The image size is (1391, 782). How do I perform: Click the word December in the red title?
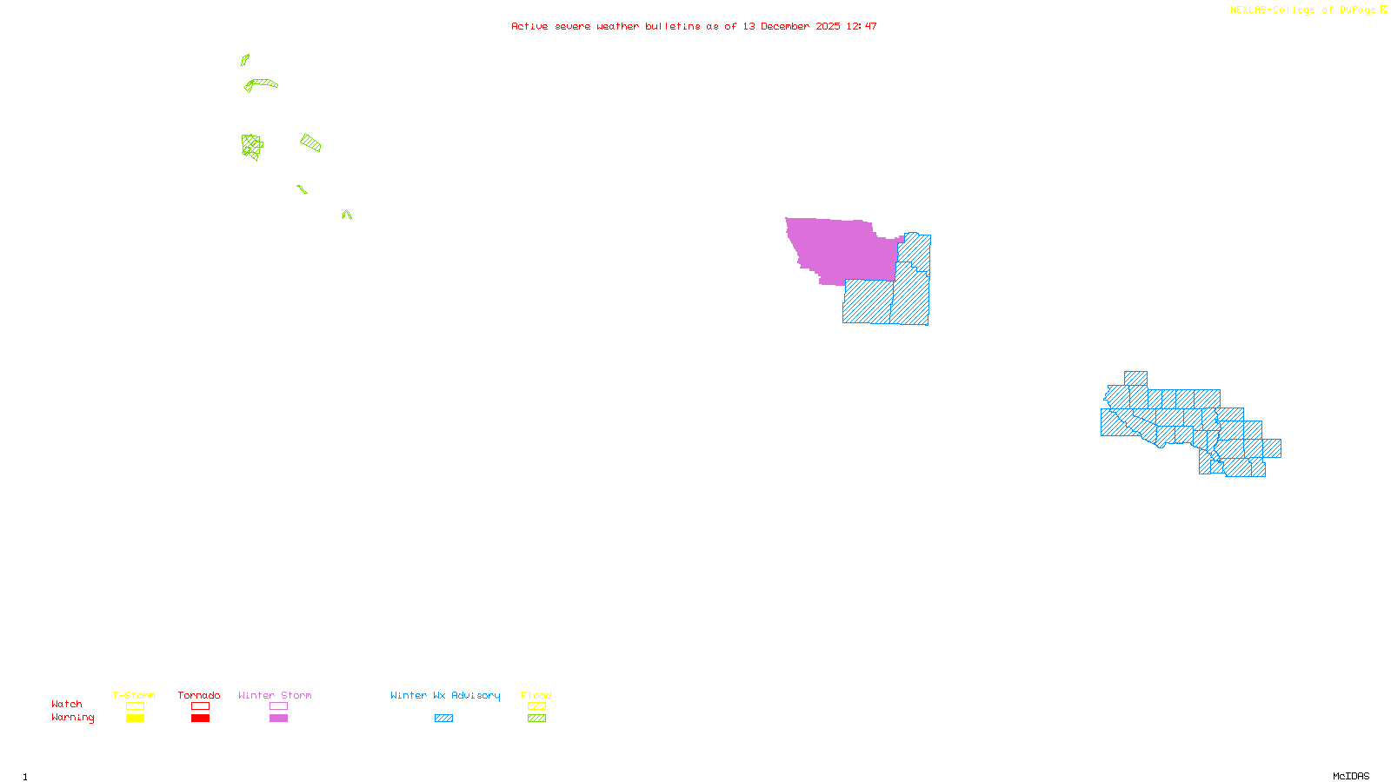(784, 26)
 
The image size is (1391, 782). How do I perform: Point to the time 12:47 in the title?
(862, 26)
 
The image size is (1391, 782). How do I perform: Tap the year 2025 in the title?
(828, 26)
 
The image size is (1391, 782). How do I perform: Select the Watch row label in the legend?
(67, 704)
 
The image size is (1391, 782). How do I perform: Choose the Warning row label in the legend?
(72, 718)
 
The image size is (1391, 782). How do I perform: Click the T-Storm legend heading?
(134, 695)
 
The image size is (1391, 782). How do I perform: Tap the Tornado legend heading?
(199, 695)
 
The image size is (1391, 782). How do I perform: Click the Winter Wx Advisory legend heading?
(445, 695)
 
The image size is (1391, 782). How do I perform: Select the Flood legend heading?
(536, 695)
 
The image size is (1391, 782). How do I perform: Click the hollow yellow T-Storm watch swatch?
(135, 706)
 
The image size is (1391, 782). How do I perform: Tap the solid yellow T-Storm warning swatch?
(135, 719)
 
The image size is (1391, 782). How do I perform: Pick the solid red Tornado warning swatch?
(201, 719)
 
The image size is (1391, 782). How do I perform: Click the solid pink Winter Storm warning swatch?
(278, 719)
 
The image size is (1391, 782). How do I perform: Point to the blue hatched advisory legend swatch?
(443, 719)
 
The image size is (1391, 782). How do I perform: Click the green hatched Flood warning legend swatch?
(537, 719)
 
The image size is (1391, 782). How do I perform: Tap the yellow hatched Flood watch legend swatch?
(537, 706)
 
